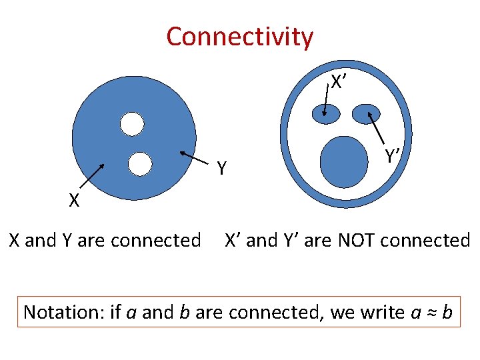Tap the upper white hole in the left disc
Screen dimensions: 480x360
point(132,123)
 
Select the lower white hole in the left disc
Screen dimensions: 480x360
point(140,163)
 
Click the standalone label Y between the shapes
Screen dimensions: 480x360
point(223,169)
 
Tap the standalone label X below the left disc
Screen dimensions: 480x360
point(74,200)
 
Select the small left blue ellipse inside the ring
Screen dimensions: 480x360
point(326,115)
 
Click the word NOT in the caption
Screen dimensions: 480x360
point(360,240)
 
